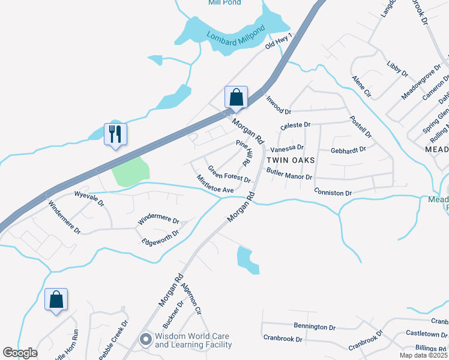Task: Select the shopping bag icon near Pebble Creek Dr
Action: tap(56, 299)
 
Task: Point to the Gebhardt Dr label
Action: tap(348, 149)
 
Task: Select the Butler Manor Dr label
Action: tap(289, 173)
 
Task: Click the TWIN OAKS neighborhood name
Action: tap(291, 160)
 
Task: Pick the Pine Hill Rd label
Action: tap(243, 153)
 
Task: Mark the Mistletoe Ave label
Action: tap(215, 184)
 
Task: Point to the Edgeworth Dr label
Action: tap(160, 238)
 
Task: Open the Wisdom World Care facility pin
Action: tap(145, 340)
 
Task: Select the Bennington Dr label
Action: tap(315, 326)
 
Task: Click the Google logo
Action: tap(20, 353)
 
